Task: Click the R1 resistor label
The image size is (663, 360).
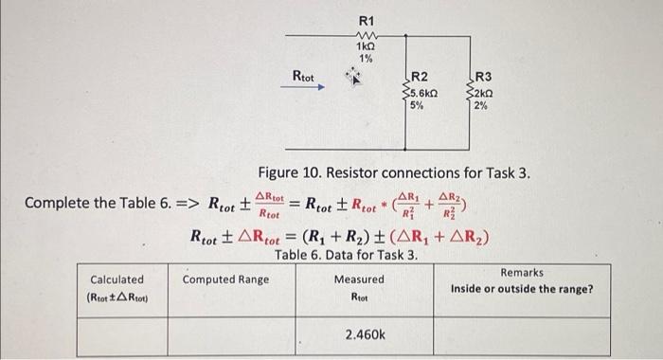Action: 367,20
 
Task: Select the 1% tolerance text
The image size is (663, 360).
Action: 366,59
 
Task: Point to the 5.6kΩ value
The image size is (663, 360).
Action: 421,92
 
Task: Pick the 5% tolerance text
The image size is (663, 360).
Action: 416,105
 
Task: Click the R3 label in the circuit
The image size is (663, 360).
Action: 483,77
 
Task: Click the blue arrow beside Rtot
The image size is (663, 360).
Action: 307,87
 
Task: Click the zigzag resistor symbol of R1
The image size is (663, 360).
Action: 366,34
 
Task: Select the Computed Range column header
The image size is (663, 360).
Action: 225,279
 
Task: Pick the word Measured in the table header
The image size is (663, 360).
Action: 359,279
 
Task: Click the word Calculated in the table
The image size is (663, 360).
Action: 116,279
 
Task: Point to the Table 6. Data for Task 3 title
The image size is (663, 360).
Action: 346,255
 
